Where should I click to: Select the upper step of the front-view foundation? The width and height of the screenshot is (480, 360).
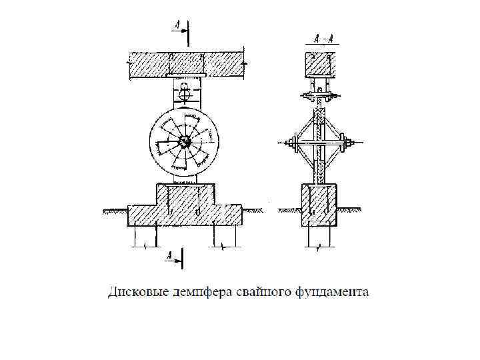(185, 194)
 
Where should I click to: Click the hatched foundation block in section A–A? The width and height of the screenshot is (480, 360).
(321, 205)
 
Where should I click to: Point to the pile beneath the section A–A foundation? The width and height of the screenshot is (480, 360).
(321, 237)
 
